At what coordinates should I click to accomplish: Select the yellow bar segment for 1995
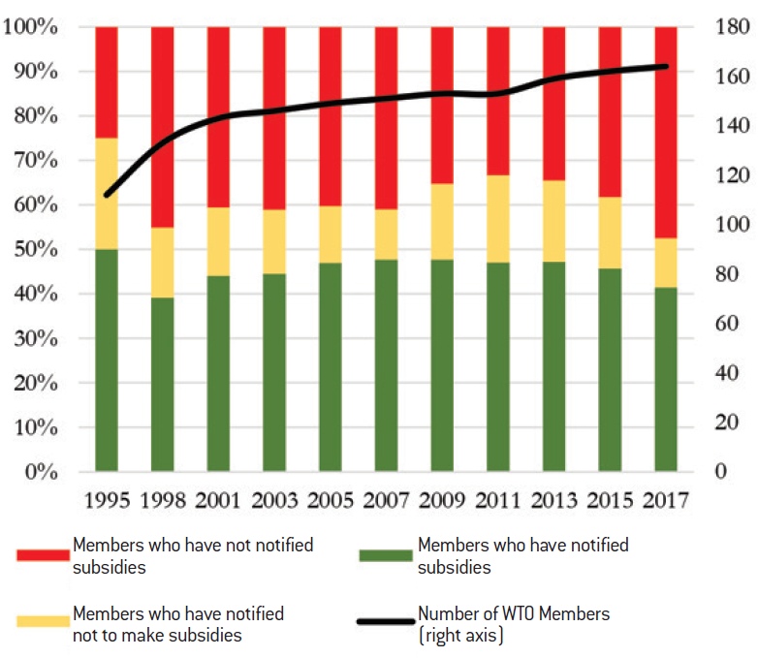(x=107, y=194)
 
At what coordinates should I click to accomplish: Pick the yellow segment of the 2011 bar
(x=497, y=219)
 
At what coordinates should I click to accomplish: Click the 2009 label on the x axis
(x=442, y=500)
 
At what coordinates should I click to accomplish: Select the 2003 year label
(x=274, y=500)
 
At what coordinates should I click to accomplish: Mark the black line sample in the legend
(x=387, y=622)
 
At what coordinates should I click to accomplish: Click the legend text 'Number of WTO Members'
(x=514, y=613)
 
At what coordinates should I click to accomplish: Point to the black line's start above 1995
(x=107, y=195)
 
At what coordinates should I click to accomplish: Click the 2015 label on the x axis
(x=610, y=500)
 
